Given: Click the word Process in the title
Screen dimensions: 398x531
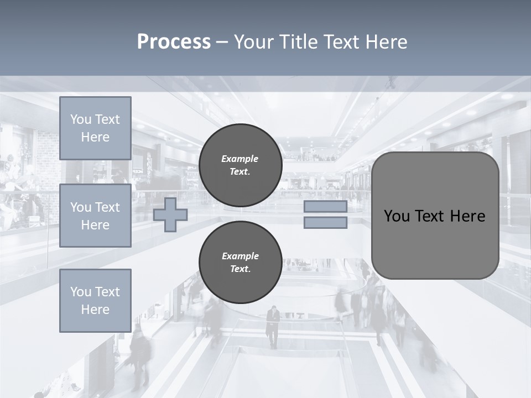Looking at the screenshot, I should (174, 42).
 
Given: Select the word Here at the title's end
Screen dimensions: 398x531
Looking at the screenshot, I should (385, 42).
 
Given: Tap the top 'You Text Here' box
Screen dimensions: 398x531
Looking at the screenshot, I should (95, 128).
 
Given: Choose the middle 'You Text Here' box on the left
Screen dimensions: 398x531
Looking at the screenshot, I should (95, 216).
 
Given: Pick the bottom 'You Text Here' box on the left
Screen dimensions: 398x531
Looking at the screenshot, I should (95, 301).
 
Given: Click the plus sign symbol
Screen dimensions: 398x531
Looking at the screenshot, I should (170, 215).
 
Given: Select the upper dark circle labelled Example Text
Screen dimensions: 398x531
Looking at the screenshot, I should (240, 165).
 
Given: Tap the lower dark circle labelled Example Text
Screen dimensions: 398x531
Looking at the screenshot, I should (240, 263).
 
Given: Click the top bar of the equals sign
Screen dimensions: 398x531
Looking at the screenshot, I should (325, 206).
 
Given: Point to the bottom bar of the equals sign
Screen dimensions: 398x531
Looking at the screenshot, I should (325, 223).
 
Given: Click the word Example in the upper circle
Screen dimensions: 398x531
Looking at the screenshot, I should (240, 159).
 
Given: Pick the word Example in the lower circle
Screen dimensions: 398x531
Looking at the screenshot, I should (240, 256).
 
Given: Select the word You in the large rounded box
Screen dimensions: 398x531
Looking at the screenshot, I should (397, 216).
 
